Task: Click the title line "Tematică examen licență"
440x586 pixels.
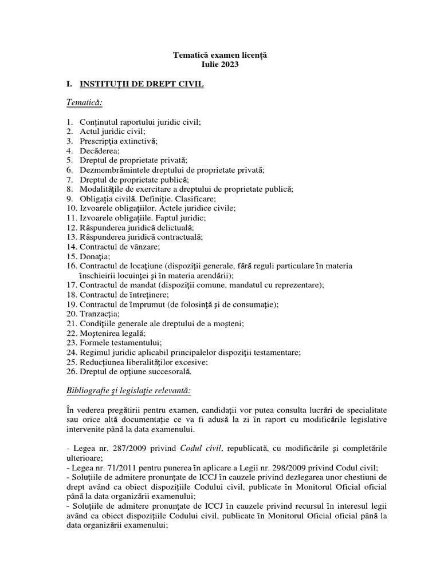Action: click(220, 55)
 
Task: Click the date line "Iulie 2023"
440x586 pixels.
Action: click(220, 65)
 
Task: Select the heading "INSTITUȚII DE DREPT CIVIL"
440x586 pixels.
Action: click(142, 85)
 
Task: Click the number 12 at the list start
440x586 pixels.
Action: click(71, 227)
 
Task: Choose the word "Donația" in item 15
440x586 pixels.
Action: click(95, 256)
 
